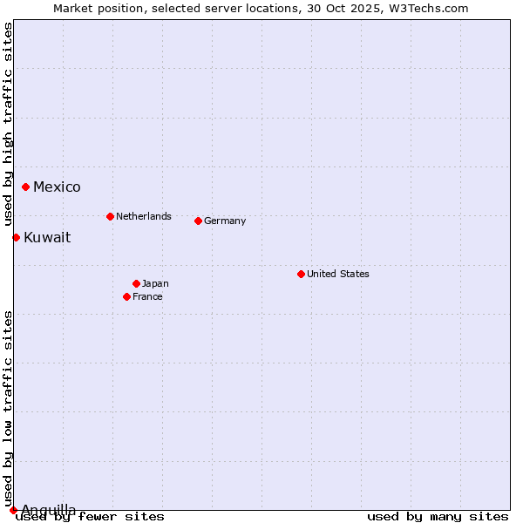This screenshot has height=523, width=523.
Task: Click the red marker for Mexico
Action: tap(26, 187)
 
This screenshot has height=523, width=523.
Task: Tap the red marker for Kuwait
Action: tap(16, 237)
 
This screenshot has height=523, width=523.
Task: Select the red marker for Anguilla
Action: tap(13, 510)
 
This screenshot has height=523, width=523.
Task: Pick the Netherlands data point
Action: tap(110, 216)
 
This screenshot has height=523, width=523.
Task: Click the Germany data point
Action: tap(199, 221)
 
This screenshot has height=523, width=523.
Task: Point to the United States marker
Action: tap(301, 274)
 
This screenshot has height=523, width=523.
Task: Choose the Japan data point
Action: tap(137, 283)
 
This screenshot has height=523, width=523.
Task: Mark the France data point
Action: tap(127, 296)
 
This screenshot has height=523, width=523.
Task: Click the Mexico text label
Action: tap(57, 187)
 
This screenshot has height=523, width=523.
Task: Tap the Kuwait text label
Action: tap(47, 238)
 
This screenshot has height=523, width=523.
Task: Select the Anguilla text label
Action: tap(49, 510)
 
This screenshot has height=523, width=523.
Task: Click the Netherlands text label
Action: tap(144, 216)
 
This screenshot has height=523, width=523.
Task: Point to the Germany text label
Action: tap(225, 221)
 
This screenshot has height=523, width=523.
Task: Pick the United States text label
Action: tap(338, 274)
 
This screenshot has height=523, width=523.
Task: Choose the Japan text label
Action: tap(155, 283)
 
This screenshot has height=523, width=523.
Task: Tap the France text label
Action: tap(147, 296)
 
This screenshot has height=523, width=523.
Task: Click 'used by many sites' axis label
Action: tap(438, 517)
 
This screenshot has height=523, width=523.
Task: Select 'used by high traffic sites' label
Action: tap(8, 112)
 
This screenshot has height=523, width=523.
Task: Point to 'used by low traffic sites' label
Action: tap(8, 409)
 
